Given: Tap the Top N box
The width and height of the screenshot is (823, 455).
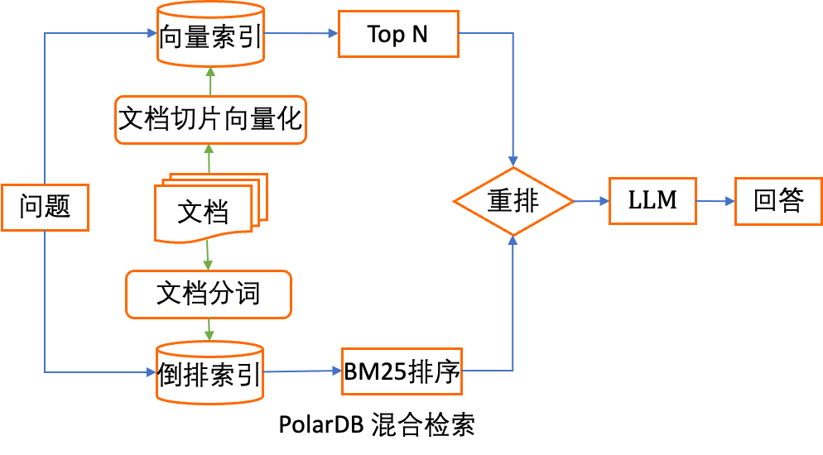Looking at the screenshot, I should point(398,35).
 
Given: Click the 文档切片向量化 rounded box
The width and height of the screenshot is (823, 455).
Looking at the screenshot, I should point(210,121).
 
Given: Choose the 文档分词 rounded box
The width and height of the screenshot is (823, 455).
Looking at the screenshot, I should point(208,294).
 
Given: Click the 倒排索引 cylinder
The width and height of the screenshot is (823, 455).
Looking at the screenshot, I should point(209,375).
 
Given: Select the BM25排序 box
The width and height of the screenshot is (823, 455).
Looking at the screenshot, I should point(402,372).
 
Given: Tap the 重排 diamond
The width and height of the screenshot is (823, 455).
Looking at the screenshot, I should point(513,201).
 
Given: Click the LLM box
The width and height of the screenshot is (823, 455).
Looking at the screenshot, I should point(652,200).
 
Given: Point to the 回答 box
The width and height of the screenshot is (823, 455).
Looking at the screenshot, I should point(778,201).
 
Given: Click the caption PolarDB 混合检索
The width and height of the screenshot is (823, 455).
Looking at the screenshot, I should point(377,425).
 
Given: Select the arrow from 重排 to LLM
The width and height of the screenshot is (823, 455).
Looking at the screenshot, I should point(591,201).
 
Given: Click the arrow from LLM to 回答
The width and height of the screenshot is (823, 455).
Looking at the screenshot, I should point(715,201).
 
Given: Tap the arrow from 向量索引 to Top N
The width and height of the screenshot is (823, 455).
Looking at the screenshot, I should point(301,34).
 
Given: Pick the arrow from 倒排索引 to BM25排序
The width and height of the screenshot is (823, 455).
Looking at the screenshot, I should point(302,371).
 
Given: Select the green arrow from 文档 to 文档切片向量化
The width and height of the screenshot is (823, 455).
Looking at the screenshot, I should point(209,159).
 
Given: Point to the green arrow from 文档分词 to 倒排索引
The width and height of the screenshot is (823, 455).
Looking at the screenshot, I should point(209,329).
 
